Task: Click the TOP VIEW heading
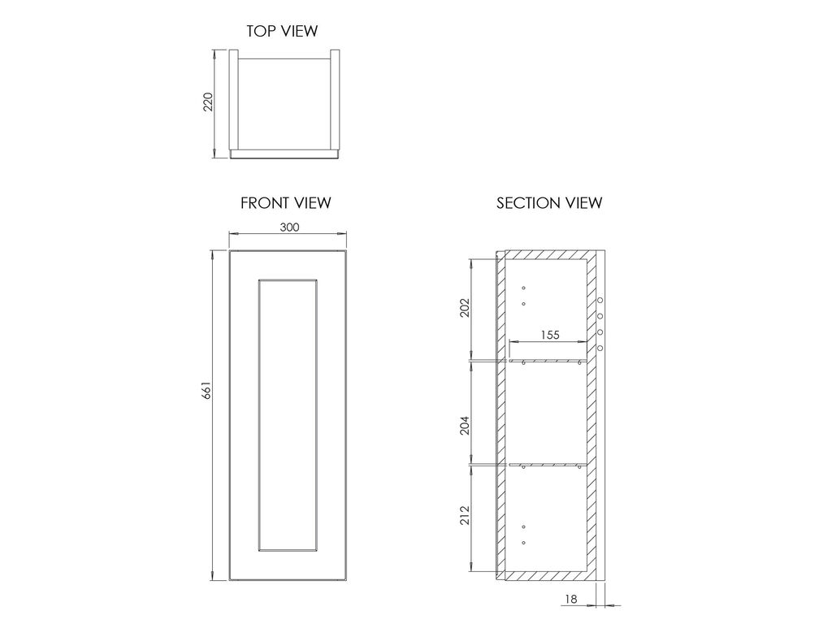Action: coord(282,31)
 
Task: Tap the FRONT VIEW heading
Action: coord(285,202)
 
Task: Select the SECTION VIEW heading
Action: coord(549,202)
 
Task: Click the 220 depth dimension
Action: coord(208,102)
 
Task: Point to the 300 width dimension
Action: coord(290,227)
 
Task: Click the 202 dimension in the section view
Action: coord(465,308)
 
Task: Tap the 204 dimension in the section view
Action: coord(465,425)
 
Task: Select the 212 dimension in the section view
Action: coord(465,515)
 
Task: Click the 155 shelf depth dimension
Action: coord(550,335)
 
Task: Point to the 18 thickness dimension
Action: coord(571,599)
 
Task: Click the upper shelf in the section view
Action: coord(548,360)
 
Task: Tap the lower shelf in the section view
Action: coord(548,465)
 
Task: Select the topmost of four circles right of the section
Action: coord(600,301)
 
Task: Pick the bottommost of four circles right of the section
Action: coord(600,348)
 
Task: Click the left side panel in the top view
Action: coord(233,100)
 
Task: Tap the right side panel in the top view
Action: coord(336,100)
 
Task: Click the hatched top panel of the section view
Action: coord(547,254)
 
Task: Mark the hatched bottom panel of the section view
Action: coord(547,576)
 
